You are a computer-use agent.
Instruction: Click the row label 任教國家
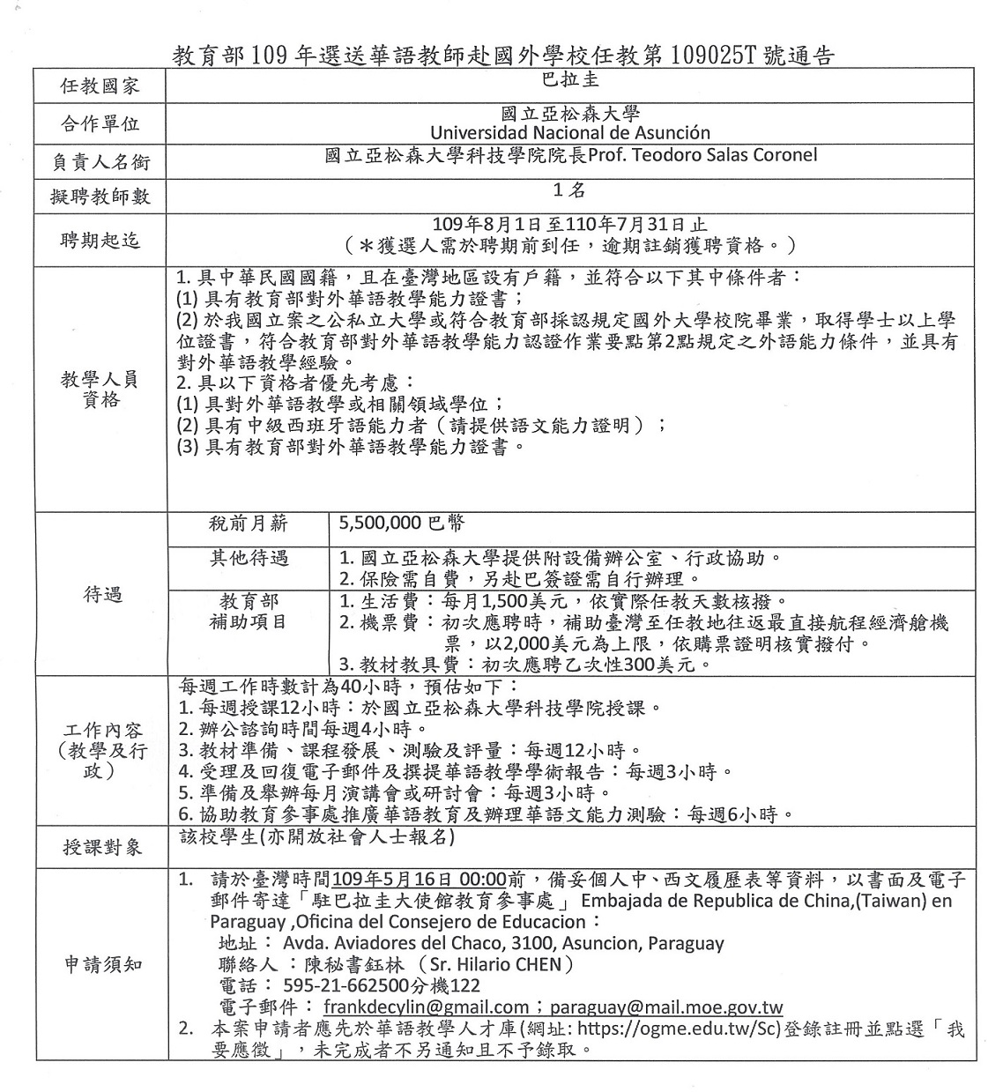click(x=100, y=85)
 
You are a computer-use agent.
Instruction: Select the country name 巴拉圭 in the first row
click(x=571, y=78)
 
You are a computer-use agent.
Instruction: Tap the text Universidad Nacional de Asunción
click(x=570, y=133)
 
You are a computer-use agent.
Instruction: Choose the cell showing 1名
click(x=570, y=189)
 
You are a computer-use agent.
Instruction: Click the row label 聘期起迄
click(x=100, y=241)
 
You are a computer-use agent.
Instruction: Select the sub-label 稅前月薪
click(x=248, y=523)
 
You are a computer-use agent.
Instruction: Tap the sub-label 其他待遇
click(x=248, y=558)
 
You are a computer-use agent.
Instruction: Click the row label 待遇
click(x=101, y=595)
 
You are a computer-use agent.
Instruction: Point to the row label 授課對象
click(x=101, y=848)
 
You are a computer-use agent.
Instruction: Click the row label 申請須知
click(x=101, y=964)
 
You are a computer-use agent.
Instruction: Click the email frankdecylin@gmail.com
click(x=426, y=1007)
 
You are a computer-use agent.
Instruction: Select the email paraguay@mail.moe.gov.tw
click(x=665, y=1007)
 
